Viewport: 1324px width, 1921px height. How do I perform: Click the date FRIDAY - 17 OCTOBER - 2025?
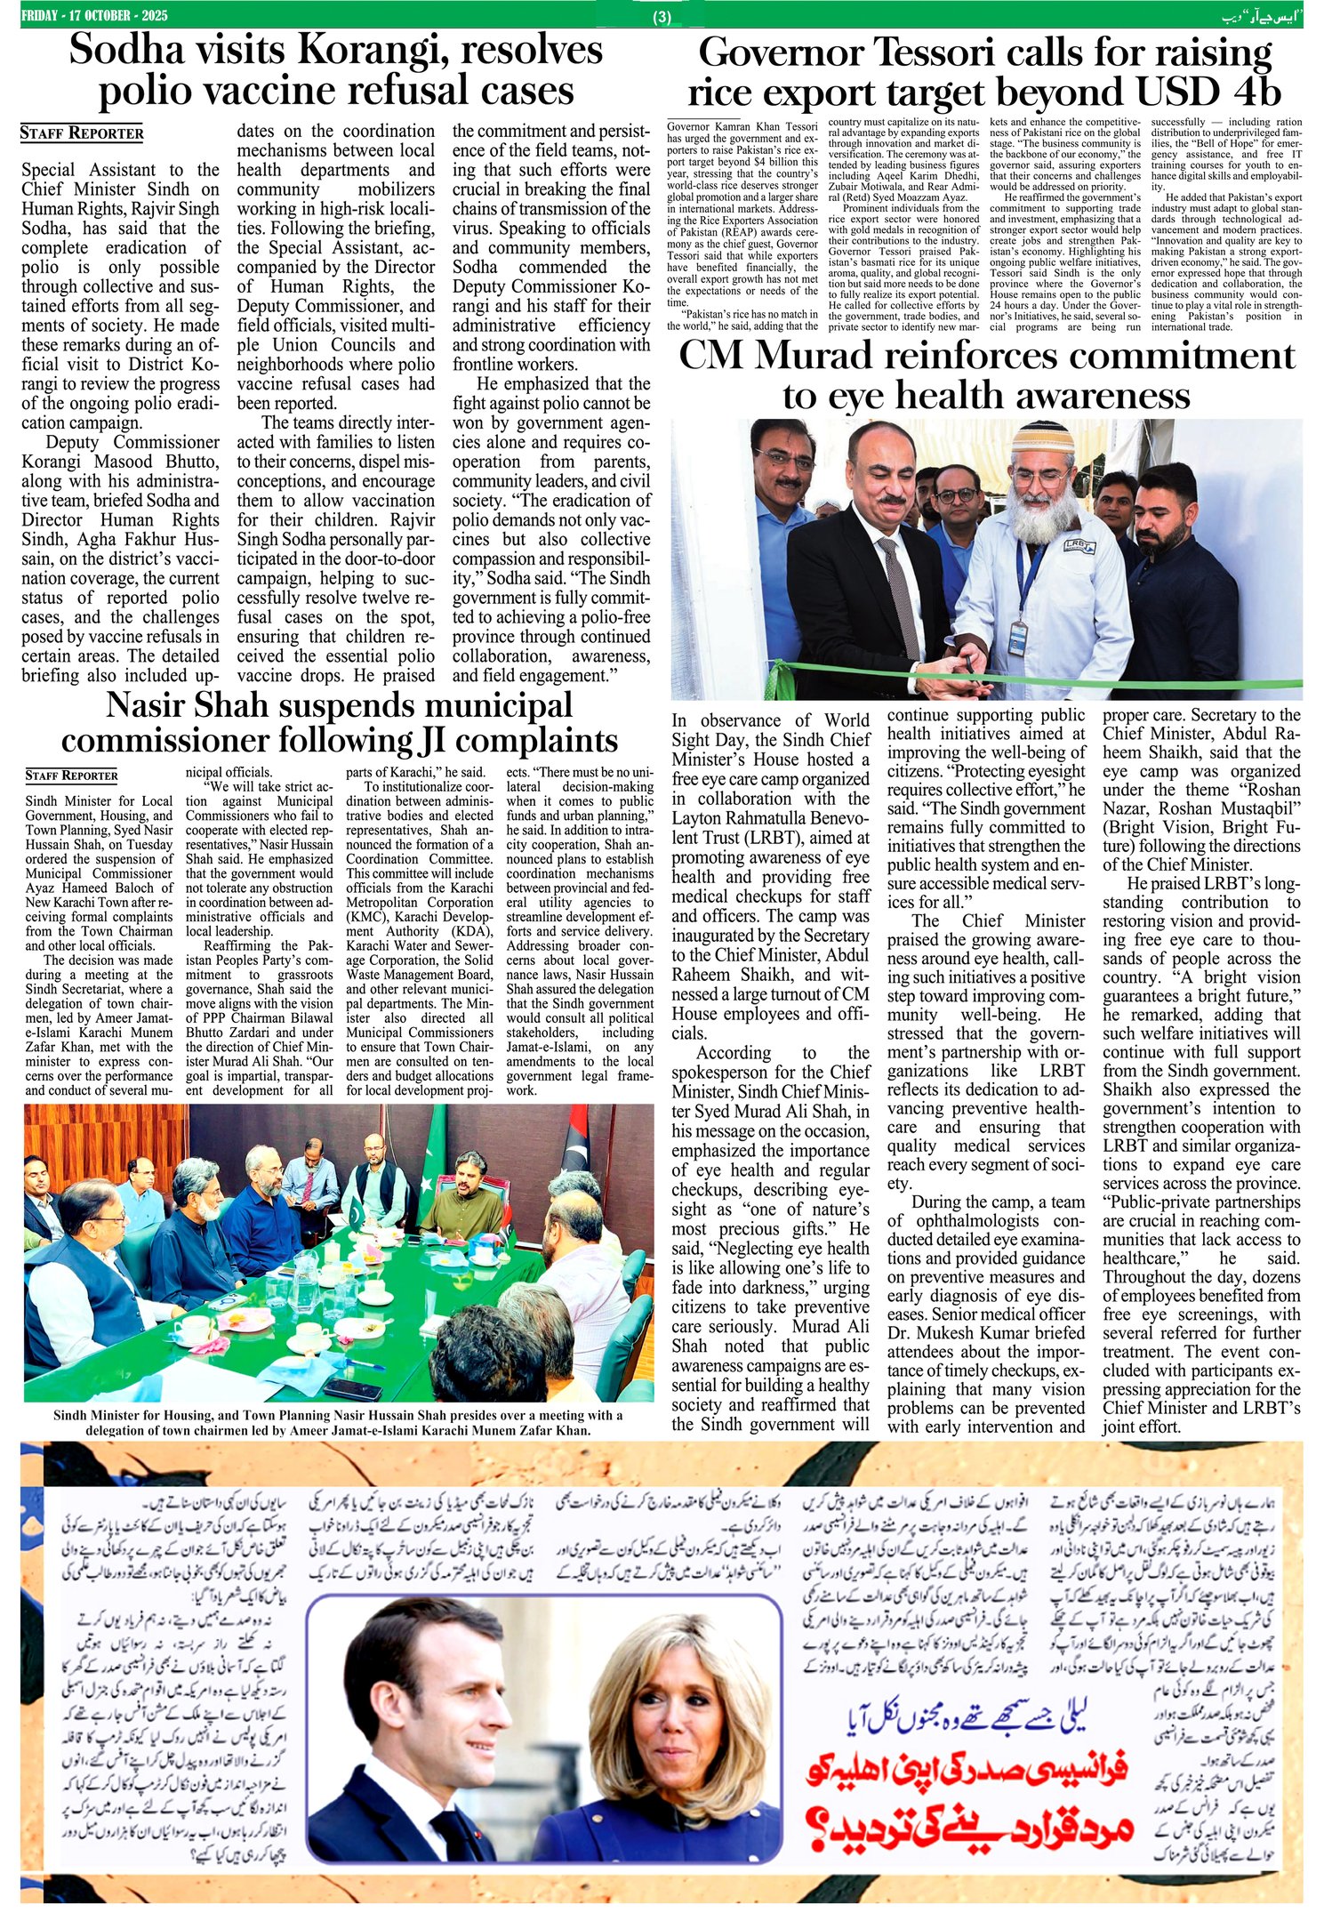(x=94, y=16)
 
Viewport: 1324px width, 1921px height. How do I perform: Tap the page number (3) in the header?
(x=662, y=17)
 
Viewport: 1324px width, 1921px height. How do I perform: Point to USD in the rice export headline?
(x=1174, y=92)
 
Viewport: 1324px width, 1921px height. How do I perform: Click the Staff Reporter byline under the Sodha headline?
(x=82, y=133)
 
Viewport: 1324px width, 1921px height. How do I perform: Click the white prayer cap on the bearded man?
(x=1039, y=438)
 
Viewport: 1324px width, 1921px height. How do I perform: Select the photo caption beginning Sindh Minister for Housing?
(x=338, y=1422)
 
